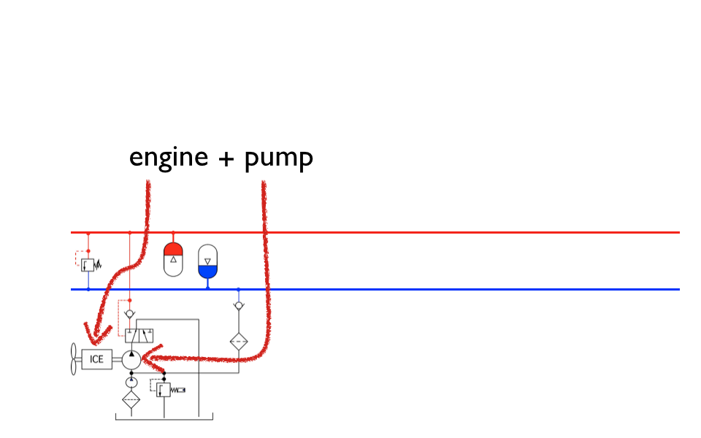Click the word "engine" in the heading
(x=169, y=158)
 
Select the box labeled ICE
(x=96, y=359)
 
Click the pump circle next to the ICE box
(x=131, y=359)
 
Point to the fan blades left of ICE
(x=74, y=359)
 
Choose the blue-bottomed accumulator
(x=208, y=261)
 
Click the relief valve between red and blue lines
(x=88, y=264)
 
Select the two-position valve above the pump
(x=139, y=336)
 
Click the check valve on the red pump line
(x=130, y=314)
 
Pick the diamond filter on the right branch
(x=238, y=341)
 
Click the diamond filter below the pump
(x=131, y=399)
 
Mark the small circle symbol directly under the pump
(x=131, y=381)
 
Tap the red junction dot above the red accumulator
(x=173, y=232)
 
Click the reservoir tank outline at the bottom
(x=164, y=419)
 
